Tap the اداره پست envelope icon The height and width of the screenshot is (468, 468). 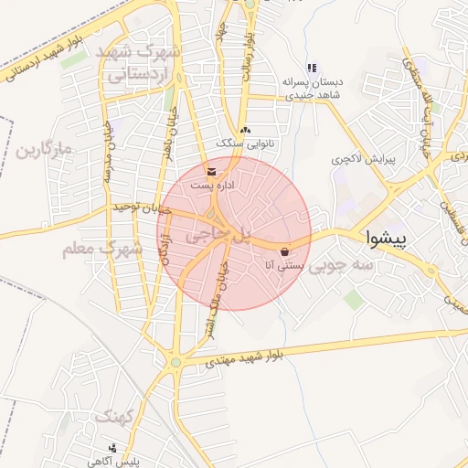213,171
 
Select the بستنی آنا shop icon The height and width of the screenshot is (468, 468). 286,251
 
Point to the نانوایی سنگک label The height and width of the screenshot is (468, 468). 245,144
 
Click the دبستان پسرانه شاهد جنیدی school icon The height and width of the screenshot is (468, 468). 312,68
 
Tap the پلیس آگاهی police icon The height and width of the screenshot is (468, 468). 112,449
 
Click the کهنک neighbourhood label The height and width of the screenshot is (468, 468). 114,417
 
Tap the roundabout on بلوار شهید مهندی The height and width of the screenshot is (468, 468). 175,363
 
